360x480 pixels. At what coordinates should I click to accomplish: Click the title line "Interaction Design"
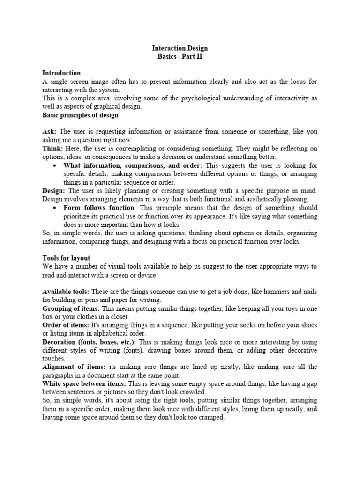(180, 48)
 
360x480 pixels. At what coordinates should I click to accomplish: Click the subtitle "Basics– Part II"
(180, 56)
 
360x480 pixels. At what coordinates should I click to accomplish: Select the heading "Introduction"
(61, 73)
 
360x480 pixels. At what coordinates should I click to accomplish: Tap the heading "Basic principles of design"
(80, 115)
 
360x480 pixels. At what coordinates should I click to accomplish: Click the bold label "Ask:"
(50, 132)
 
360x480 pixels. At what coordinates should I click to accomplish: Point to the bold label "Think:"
(52, 149)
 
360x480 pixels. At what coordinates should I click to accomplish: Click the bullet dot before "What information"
(55, 166)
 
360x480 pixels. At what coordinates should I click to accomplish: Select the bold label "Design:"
(54, 191)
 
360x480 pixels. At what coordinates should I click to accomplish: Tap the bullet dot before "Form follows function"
(55, 208)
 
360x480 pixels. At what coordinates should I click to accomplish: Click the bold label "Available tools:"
(65, 291)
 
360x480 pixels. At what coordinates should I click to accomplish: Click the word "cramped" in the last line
(210, 417)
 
